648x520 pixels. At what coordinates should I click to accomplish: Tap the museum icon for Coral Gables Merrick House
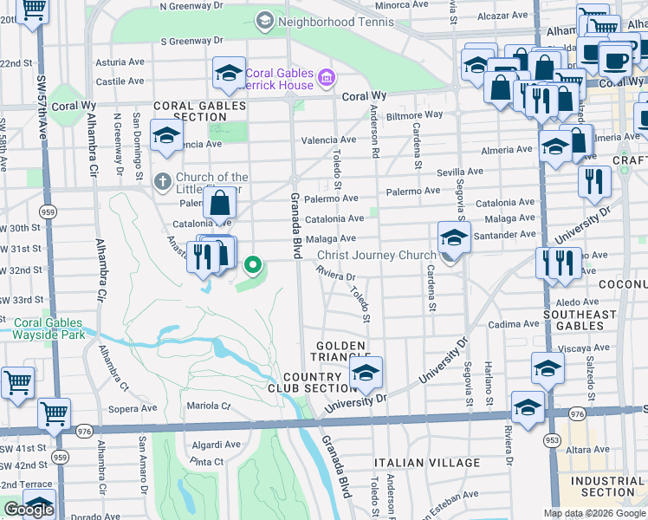tap(326, 80)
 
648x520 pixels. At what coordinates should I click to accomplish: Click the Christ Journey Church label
tap(375, 255)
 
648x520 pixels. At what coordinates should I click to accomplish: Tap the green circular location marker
tap(253, 264)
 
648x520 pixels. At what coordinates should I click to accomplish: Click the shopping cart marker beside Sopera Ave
tap(55, 413)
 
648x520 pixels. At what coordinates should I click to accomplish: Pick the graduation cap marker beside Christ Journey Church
tap(454, 237)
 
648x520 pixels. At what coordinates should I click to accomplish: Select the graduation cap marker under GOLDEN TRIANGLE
tap(366, 374)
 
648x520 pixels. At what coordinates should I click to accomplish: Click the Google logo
tap(29, 510)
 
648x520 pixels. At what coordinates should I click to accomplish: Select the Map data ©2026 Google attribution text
tap(594, 513)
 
